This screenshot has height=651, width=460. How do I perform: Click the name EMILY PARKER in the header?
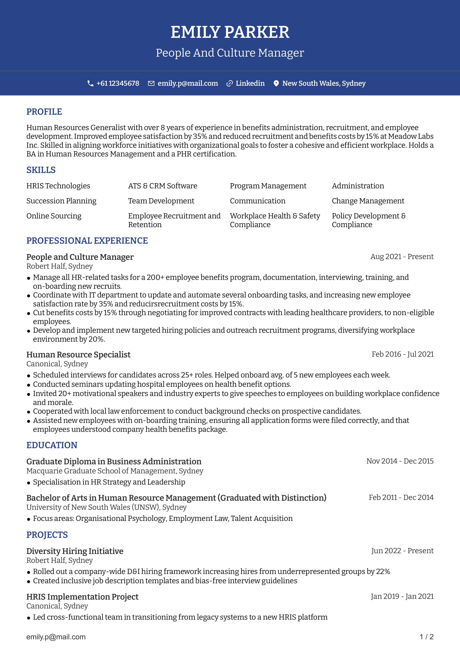point(230,32)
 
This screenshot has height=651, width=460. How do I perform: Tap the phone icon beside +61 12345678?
point(90,83)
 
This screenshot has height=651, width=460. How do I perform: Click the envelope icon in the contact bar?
point(151,83)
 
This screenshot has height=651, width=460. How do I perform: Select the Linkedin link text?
point(250,83)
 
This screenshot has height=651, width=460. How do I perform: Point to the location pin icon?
point(276,83)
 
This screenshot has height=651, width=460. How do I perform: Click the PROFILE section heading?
point(44,112)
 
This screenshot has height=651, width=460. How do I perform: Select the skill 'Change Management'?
point(368,201)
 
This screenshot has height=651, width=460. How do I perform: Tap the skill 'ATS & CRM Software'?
point(163,186)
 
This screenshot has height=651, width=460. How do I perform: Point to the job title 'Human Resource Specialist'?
point(78,354)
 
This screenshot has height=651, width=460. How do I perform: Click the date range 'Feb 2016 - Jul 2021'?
point(403,354)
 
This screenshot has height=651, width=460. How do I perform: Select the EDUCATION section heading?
point(52,445)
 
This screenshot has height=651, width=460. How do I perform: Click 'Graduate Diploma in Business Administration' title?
point(114,461)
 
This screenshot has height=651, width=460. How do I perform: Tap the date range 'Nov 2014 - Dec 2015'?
point(400,461)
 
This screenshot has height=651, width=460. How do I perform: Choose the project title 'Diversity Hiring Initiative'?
point(75,551)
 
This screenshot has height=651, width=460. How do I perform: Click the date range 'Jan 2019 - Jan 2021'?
point(402,596)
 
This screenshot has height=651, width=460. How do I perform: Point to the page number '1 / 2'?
point(426,637)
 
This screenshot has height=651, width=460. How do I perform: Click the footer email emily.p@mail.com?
point(56,637)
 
